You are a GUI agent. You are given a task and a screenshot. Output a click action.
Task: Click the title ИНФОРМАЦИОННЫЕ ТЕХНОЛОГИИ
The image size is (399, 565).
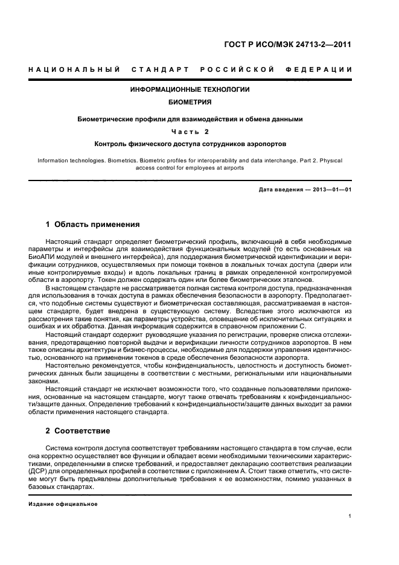(x=190, y=89)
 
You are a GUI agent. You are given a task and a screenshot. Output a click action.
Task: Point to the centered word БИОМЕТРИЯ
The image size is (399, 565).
(x=190, y=102)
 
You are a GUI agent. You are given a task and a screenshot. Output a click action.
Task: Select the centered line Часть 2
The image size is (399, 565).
(x=190, y=132)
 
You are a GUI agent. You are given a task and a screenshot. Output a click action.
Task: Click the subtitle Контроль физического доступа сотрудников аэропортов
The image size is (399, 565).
(x=190, y=144)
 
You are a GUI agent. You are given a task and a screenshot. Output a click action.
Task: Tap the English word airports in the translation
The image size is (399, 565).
(x=232, y=168)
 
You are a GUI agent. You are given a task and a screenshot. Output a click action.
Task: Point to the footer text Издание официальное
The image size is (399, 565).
(x=63, y=503)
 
